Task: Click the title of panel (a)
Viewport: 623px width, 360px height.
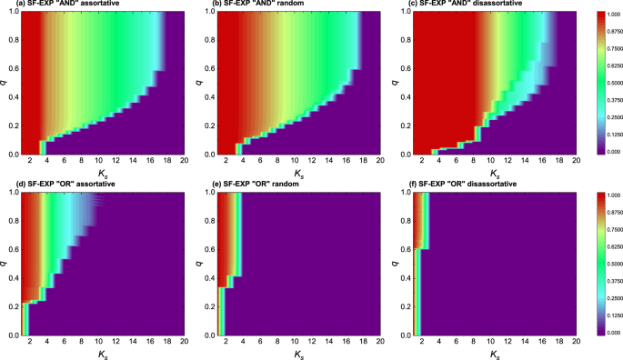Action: pos(67,5)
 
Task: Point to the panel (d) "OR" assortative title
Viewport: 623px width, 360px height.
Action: pos(65,187)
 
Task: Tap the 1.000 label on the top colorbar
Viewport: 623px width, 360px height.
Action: pos(606,15)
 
